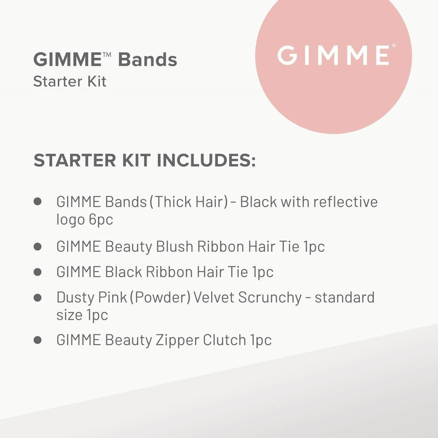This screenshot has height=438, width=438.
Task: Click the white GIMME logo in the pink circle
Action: point(333,55)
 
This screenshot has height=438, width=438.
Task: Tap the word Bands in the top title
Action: point(148,60)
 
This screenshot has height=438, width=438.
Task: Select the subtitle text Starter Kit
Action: point(70,81)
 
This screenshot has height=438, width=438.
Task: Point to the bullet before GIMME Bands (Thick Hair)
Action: point(38,201)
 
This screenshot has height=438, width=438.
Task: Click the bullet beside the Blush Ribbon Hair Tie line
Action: point(38,246)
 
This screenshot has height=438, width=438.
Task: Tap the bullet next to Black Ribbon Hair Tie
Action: point(38,272)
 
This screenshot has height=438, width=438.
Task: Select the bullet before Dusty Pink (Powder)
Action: point(38,297)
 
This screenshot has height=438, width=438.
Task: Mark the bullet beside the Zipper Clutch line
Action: point(38,340)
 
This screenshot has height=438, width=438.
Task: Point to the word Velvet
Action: point(213,297)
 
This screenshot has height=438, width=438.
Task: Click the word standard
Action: point(344,297)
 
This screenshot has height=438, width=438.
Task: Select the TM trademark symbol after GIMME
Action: point(107,55)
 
